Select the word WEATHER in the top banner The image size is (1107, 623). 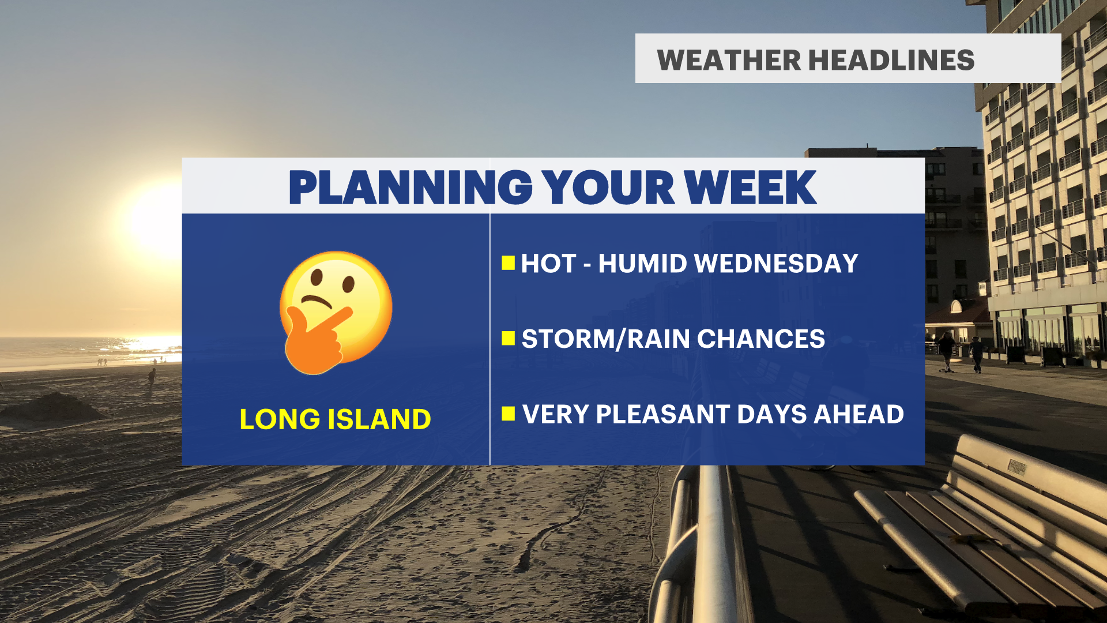(x=729, y=60)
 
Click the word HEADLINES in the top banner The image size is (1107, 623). (x=891, y=60)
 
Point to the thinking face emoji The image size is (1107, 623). (x=336, y=312)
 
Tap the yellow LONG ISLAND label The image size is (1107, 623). (x=335, y=419)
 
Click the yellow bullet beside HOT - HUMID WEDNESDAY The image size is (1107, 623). (x=508, y=263)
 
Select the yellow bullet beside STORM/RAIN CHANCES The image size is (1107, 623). (x=508, y=338)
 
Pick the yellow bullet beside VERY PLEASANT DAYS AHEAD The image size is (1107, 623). (x=508, y=414)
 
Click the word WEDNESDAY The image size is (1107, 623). (x=776, y=264)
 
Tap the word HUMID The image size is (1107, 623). (x=643, y=264)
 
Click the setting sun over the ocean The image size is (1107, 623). (x=156, y=222)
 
